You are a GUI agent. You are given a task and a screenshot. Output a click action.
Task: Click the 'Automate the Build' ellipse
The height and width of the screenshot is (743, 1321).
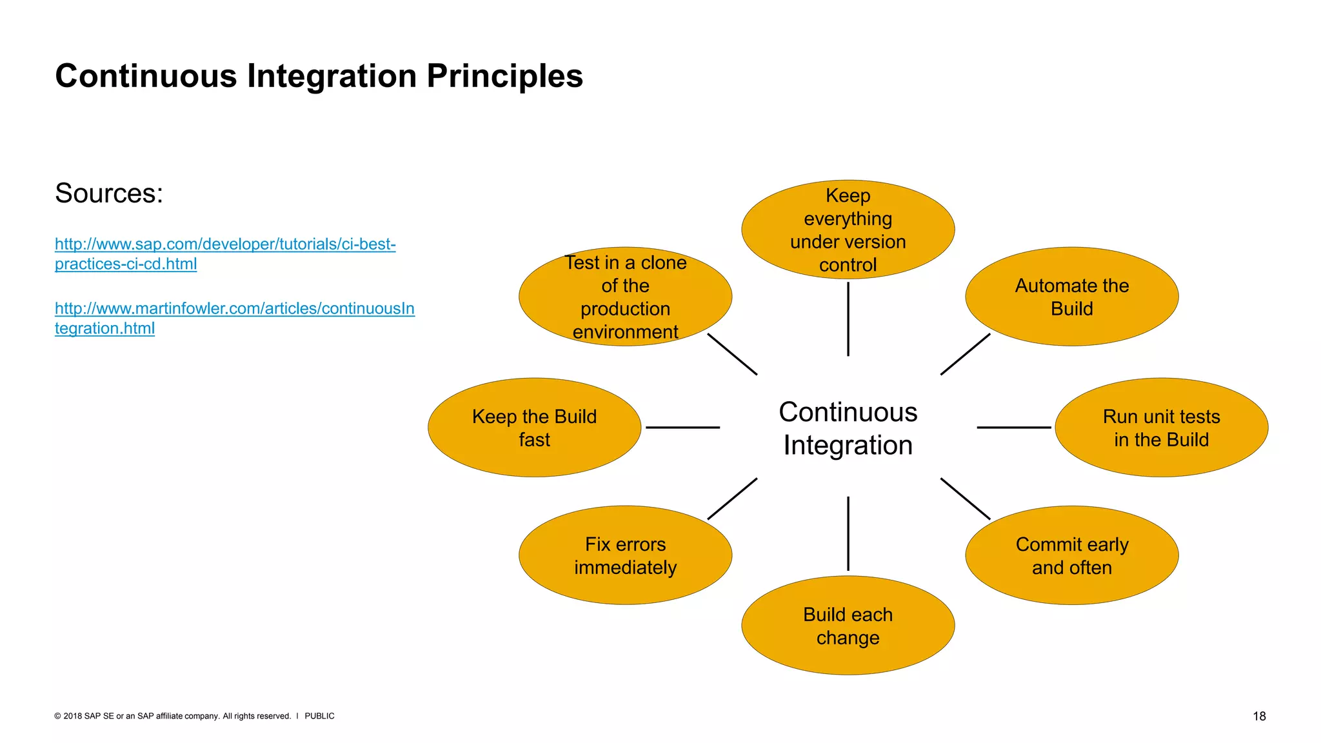(x=1071, y=297)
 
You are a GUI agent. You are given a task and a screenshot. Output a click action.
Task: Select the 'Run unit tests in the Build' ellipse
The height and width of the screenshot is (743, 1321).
(x=1161, y=428)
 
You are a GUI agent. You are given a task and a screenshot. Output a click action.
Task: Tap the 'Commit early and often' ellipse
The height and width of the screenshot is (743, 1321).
(x=1071, y=555)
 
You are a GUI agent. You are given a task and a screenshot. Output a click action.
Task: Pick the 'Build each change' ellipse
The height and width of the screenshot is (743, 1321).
(x=848, y=626)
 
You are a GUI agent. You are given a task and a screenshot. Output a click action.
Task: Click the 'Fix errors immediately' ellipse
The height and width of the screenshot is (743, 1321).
(x=625, y=555)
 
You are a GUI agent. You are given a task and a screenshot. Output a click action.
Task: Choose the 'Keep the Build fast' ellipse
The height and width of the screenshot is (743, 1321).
(x=534, y=428)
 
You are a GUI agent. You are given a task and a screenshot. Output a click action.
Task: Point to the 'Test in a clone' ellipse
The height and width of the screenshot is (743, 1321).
(x=625, y=297)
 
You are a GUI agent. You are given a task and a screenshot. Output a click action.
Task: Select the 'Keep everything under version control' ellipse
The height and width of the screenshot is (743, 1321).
(x=848, y=230)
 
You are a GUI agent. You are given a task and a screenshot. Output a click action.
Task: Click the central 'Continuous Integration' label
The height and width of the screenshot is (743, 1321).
(x=848, y=428)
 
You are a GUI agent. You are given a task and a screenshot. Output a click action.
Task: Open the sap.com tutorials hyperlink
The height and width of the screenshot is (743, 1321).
(x=224, y=245)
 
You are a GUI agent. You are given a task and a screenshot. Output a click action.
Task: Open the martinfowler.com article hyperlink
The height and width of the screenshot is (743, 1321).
(x=234, y=309)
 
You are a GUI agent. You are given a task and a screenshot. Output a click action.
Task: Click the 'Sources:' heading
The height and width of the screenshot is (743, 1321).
(x=109, y=193)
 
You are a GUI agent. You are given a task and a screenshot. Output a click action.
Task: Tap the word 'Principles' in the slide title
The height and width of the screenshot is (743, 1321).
(x=504, y=76)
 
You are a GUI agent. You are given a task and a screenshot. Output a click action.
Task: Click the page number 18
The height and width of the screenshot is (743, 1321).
(x=1258, y=716)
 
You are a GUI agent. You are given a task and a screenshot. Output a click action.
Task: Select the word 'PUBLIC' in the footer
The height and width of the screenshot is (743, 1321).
(x=319, y=716)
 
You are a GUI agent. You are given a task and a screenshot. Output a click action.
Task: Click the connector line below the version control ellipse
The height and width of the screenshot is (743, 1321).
(x=848, y=319)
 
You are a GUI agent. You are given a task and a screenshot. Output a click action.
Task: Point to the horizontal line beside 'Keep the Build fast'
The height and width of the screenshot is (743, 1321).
(x=682, y=427)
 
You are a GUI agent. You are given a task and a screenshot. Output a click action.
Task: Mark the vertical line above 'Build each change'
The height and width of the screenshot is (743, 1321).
(x=848, y=533)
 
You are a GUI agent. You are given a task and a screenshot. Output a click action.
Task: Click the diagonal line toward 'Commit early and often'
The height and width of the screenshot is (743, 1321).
(x=965, y=499)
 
